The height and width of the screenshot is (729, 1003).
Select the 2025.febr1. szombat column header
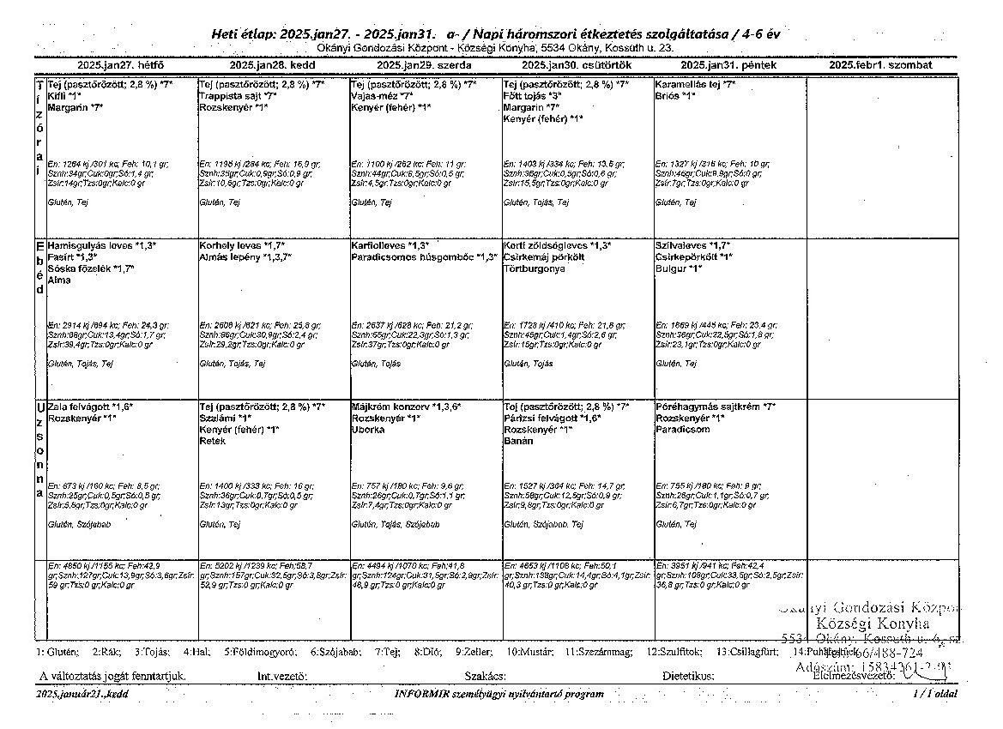[x=881, y=65]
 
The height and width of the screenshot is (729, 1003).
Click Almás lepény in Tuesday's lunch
[x=226, y=256]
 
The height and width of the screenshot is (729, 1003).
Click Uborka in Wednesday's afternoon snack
[x=367, y=430]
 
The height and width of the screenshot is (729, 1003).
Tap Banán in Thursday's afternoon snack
[x=518, y=441]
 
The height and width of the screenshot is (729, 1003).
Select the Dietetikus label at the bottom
[x=688, y=677]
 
